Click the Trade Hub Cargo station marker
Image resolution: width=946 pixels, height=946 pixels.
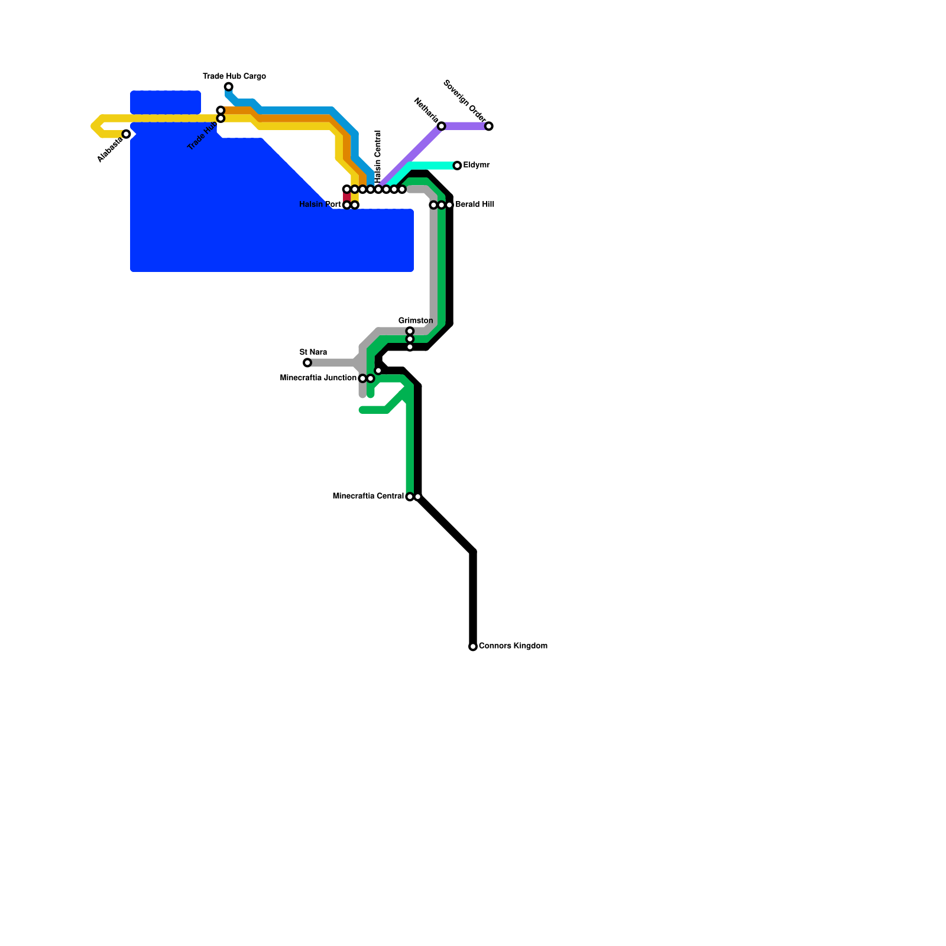tap(228, 87)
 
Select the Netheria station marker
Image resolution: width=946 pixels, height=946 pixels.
tap(441, 126)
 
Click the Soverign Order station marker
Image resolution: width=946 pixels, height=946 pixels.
tap(489, 126)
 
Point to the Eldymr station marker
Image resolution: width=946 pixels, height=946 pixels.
tap(457, 166)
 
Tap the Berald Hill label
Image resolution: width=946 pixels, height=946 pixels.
tap(475, 205)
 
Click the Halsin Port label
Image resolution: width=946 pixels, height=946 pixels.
tap(320, 205)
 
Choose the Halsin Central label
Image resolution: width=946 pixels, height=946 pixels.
tap(378, 157)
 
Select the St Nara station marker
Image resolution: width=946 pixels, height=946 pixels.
tap(307, 362)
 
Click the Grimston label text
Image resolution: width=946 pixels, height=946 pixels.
tap(415, 320)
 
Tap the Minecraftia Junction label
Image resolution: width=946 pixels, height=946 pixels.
tap(318, 378)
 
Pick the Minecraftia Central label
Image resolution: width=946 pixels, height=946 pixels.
tap(368, 496)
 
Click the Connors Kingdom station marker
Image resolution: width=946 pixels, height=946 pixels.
tap(473, 647)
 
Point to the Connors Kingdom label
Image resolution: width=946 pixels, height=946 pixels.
tap(513, 646)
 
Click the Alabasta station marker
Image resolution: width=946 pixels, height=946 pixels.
tap(126, 134)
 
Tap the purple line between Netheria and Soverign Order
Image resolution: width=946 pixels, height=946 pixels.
tap(465, 126)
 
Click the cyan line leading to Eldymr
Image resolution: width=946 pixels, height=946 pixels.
tap(435, 166)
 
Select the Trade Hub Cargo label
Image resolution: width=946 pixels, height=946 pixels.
tap(234, 76)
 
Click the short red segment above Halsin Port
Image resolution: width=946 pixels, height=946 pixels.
tap(346, 197)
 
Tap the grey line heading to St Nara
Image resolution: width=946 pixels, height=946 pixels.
tap(331, 362)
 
